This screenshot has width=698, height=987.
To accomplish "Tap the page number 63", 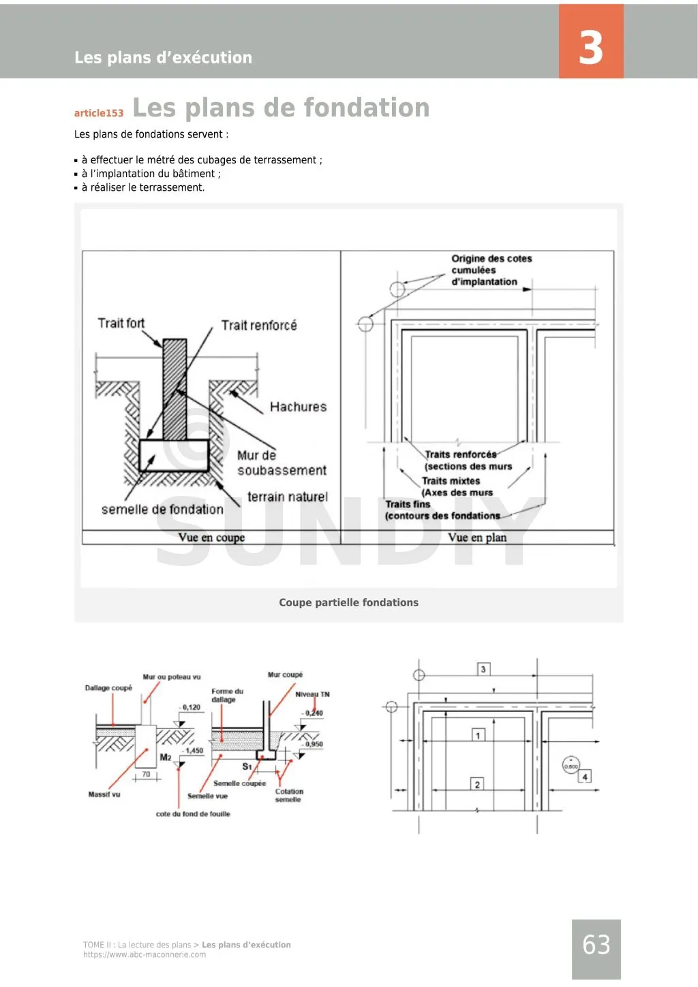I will coord(596,945).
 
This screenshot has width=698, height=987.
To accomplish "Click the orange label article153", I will coord(99,113).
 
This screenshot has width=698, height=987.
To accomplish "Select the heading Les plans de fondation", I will coord(281,108).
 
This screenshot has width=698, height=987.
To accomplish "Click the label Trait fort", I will coord(121,323).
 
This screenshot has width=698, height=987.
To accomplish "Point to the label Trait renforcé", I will coord(259,325).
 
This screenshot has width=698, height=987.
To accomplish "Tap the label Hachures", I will coord(298,407).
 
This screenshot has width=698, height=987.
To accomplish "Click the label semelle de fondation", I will coord(162,509).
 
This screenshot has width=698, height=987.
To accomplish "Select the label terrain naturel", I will coord(287,497).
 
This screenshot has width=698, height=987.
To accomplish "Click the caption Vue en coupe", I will coord(211,537).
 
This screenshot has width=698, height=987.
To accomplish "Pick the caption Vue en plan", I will coord(477,537).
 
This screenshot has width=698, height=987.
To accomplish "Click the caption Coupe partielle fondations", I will coord(348,602).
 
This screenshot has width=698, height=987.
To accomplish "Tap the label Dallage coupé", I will coord(108,688).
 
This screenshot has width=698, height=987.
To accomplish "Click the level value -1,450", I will coord(193,751).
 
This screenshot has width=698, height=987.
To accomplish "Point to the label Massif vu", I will coord(104,794).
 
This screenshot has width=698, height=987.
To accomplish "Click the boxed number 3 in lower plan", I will coord(483,669).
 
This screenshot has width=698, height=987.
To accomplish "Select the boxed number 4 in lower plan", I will coord(584,777).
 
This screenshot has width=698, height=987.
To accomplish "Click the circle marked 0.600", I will coord(571,766).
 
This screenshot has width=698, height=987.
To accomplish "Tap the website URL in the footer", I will coord(145,954).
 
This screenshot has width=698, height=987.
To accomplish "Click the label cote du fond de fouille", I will coord(193,814).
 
